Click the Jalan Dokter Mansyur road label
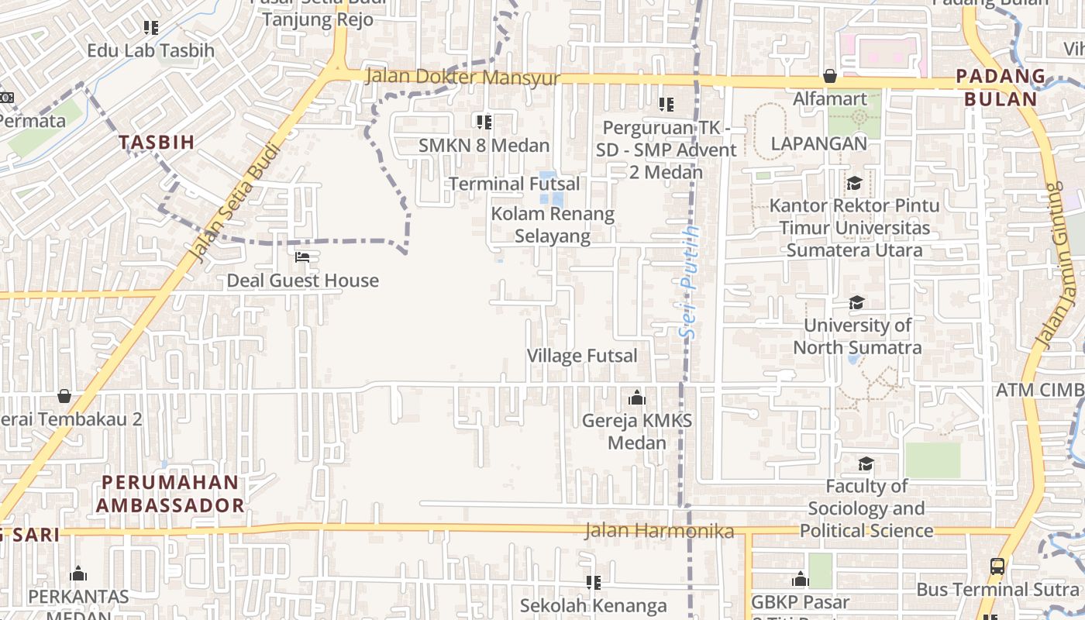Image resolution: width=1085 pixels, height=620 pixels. click(x=462, y=77)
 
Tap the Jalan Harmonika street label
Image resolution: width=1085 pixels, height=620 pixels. click(x=659, y=531)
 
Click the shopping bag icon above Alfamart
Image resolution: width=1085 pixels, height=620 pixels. click(x=830, y=76)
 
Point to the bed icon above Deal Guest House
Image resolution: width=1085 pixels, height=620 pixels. click(x=302, y=257)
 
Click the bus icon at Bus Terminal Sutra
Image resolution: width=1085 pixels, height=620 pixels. click(x=997, y=566)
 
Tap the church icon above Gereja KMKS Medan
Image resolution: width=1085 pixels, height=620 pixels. click(x=637, y=398)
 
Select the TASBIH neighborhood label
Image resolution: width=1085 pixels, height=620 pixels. click(x=157, y=142)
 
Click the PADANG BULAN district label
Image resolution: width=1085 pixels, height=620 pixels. click(x=1001, y=88)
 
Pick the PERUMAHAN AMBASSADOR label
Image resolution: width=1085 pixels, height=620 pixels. click(x=170, y=494)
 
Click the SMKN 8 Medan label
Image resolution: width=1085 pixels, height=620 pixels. click(x=484, y=145)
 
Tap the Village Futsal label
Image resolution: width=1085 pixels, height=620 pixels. click(x=582, y=356)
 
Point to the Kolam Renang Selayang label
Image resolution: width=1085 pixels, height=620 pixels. click(x=553, y=225)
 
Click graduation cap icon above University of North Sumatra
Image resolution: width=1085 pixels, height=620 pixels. click(x=856, y=302)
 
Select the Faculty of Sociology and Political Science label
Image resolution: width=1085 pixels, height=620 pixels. click(x=866, y=508)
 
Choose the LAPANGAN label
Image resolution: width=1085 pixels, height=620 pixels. click(x=818, y=143)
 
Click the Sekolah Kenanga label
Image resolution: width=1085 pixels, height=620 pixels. click(x=593, y=605)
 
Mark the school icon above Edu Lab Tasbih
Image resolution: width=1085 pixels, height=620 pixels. click(x=151, y=28)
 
